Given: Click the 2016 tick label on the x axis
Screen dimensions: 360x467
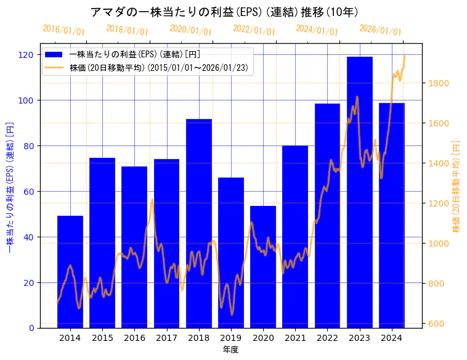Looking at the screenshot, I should point(134,338).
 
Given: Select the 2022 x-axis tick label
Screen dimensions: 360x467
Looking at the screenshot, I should point(327,338).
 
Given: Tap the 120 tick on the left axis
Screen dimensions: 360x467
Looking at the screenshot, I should point(26,55).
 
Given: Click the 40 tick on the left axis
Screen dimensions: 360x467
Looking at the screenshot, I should point(28,237).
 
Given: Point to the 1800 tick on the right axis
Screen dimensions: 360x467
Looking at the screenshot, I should point(439,83).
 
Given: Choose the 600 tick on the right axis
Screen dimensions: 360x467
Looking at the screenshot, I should point(437,324).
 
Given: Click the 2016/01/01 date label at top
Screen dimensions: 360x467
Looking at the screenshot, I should point(63,30).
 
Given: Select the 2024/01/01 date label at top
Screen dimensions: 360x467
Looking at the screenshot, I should point(317,30).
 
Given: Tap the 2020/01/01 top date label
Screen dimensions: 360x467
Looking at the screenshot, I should point(190,30).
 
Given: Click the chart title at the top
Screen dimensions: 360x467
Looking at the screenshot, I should point(224,12).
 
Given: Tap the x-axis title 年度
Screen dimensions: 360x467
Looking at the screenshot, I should point(230,350).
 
